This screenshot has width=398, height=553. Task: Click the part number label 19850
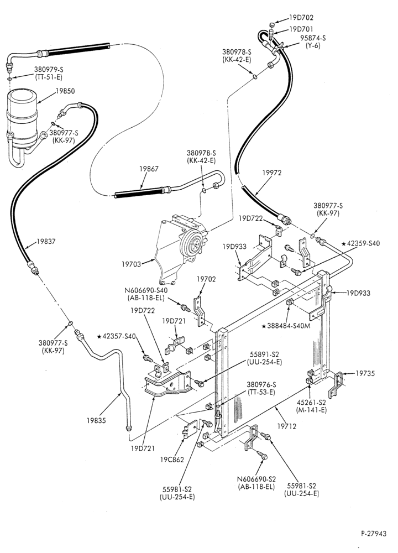(65, 91)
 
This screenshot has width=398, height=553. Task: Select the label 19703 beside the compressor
(131, 264)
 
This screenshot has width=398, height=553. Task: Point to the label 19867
(149, 169)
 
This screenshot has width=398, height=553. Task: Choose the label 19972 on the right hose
(272, 173)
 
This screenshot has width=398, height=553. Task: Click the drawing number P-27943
(373, 533)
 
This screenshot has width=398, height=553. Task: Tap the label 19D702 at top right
(301, 17)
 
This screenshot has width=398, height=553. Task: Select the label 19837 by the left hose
(46, 242)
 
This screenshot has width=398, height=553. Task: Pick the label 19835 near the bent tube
(96, 420)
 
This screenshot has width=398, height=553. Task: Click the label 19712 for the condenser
(286, 426)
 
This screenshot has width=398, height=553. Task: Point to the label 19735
(365, 373)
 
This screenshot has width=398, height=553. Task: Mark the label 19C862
(172, 460)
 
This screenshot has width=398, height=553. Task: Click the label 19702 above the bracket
(206, 279)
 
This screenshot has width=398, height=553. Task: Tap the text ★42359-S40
(360, 243)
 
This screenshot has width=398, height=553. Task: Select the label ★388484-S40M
(286, 326)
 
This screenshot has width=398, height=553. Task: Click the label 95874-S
(313, 38)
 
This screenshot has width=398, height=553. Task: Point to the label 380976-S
(261, 384)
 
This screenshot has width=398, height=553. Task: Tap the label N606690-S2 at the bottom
(256, 479)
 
